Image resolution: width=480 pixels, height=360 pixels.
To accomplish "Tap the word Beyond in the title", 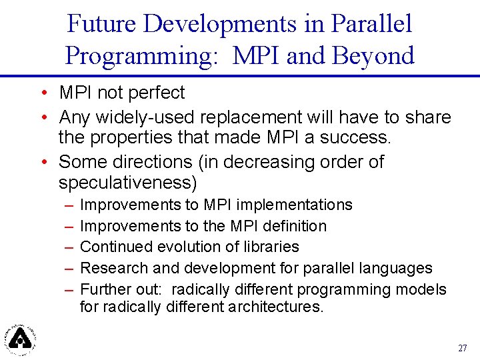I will click(375, 56).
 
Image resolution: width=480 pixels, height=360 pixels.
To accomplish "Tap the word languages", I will click(397, 269).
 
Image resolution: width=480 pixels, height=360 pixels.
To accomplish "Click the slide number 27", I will click(463, 349).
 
